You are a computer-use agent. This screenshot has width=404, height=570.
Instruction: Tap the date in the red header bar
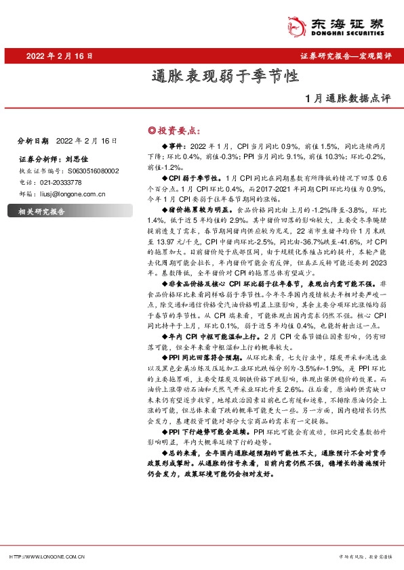click(x=59, y=56)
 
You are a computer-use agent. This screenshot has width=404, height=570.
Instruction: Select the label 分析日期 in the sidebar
click(x=33, y=141)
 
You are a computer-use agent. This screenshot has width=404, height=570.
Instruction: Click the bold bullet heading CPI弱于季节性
click(x=193, y=176)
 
